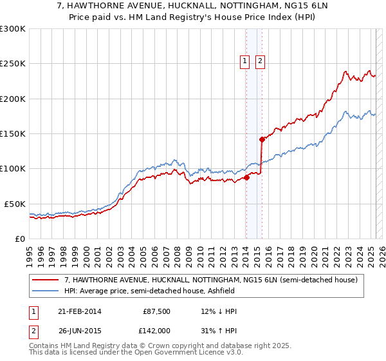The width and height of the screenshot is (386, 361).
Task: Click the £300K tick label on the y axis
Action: click(13, 29)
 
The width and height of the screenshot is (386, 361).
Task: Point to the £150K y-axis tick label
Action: click(13, 134)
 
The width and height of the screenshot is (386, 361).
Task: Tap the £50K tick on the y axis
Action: click(15, 204)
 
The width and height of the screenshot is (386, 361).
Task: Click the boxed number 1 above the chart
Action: click(245, 62)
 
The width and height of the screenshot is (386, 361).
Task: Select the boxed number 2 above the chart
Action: click(260, 62)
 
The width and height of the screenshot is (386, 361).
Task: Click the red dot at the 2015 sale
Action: click(262, 139)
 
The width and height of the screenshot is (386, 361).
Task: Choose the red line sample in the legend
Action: click(45, 279)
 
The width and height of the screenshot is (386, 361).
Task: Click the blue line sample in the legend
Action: click(45, 291)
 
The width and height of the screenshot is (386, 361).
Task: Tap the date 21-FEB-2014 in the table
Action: click(79, 311)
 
